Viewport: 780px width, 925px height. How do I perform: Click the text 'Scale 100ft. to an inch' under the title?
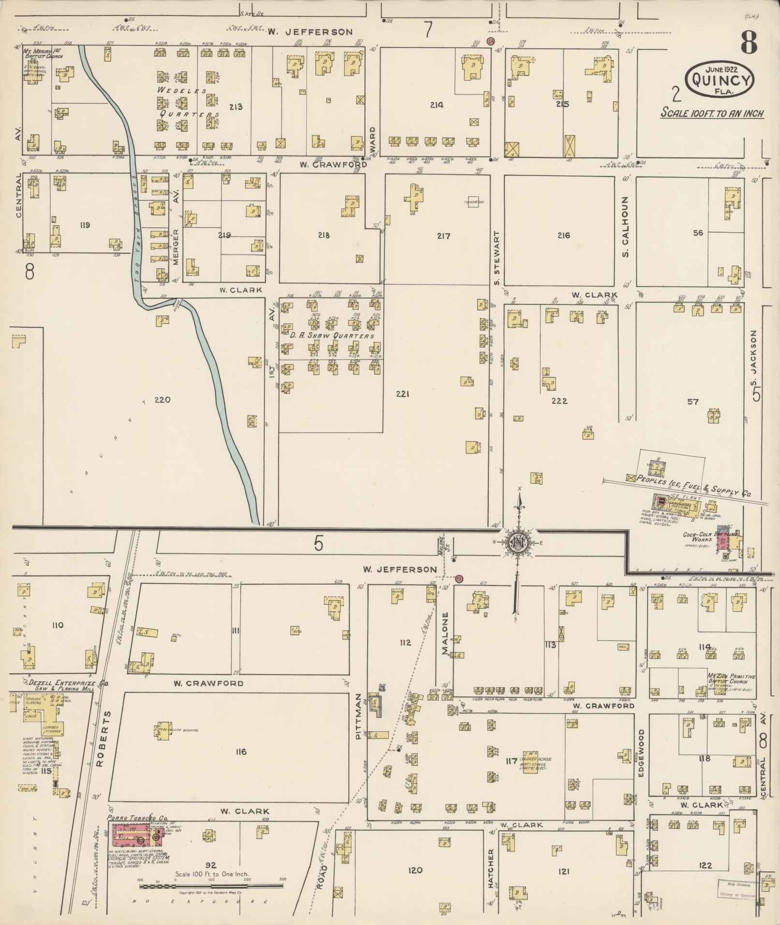click(712, 114)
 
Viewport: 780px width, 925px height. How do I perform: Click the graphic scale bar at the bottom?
click(211, 886)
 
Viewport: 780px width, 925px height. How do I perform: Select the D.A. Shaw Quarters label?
click(332, 336)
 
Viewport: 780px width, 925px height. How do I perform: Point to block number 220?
click(162, 400)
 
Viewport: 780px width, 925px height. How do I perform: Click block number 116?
click(241, 751)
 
